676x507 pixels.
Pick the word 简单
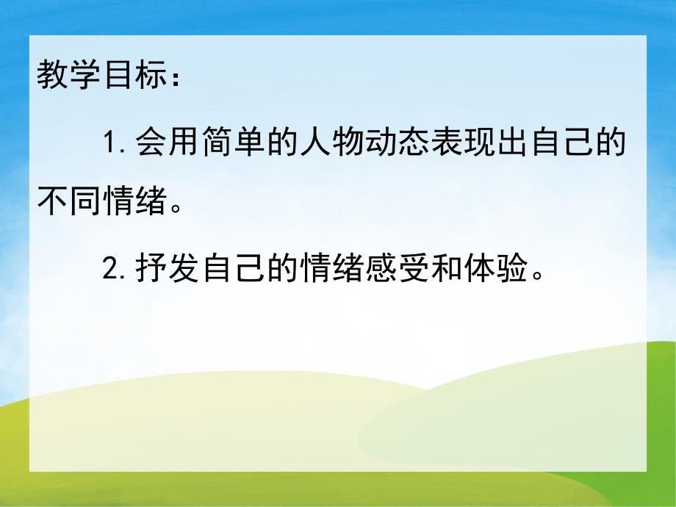click(x=234, y=141)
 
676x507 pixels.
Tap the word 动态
click(x=398, y=141)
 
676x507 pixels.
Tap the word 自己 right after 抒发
click(x=234, y=270)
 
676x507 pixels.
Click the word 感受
click(x=398, y=270)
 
